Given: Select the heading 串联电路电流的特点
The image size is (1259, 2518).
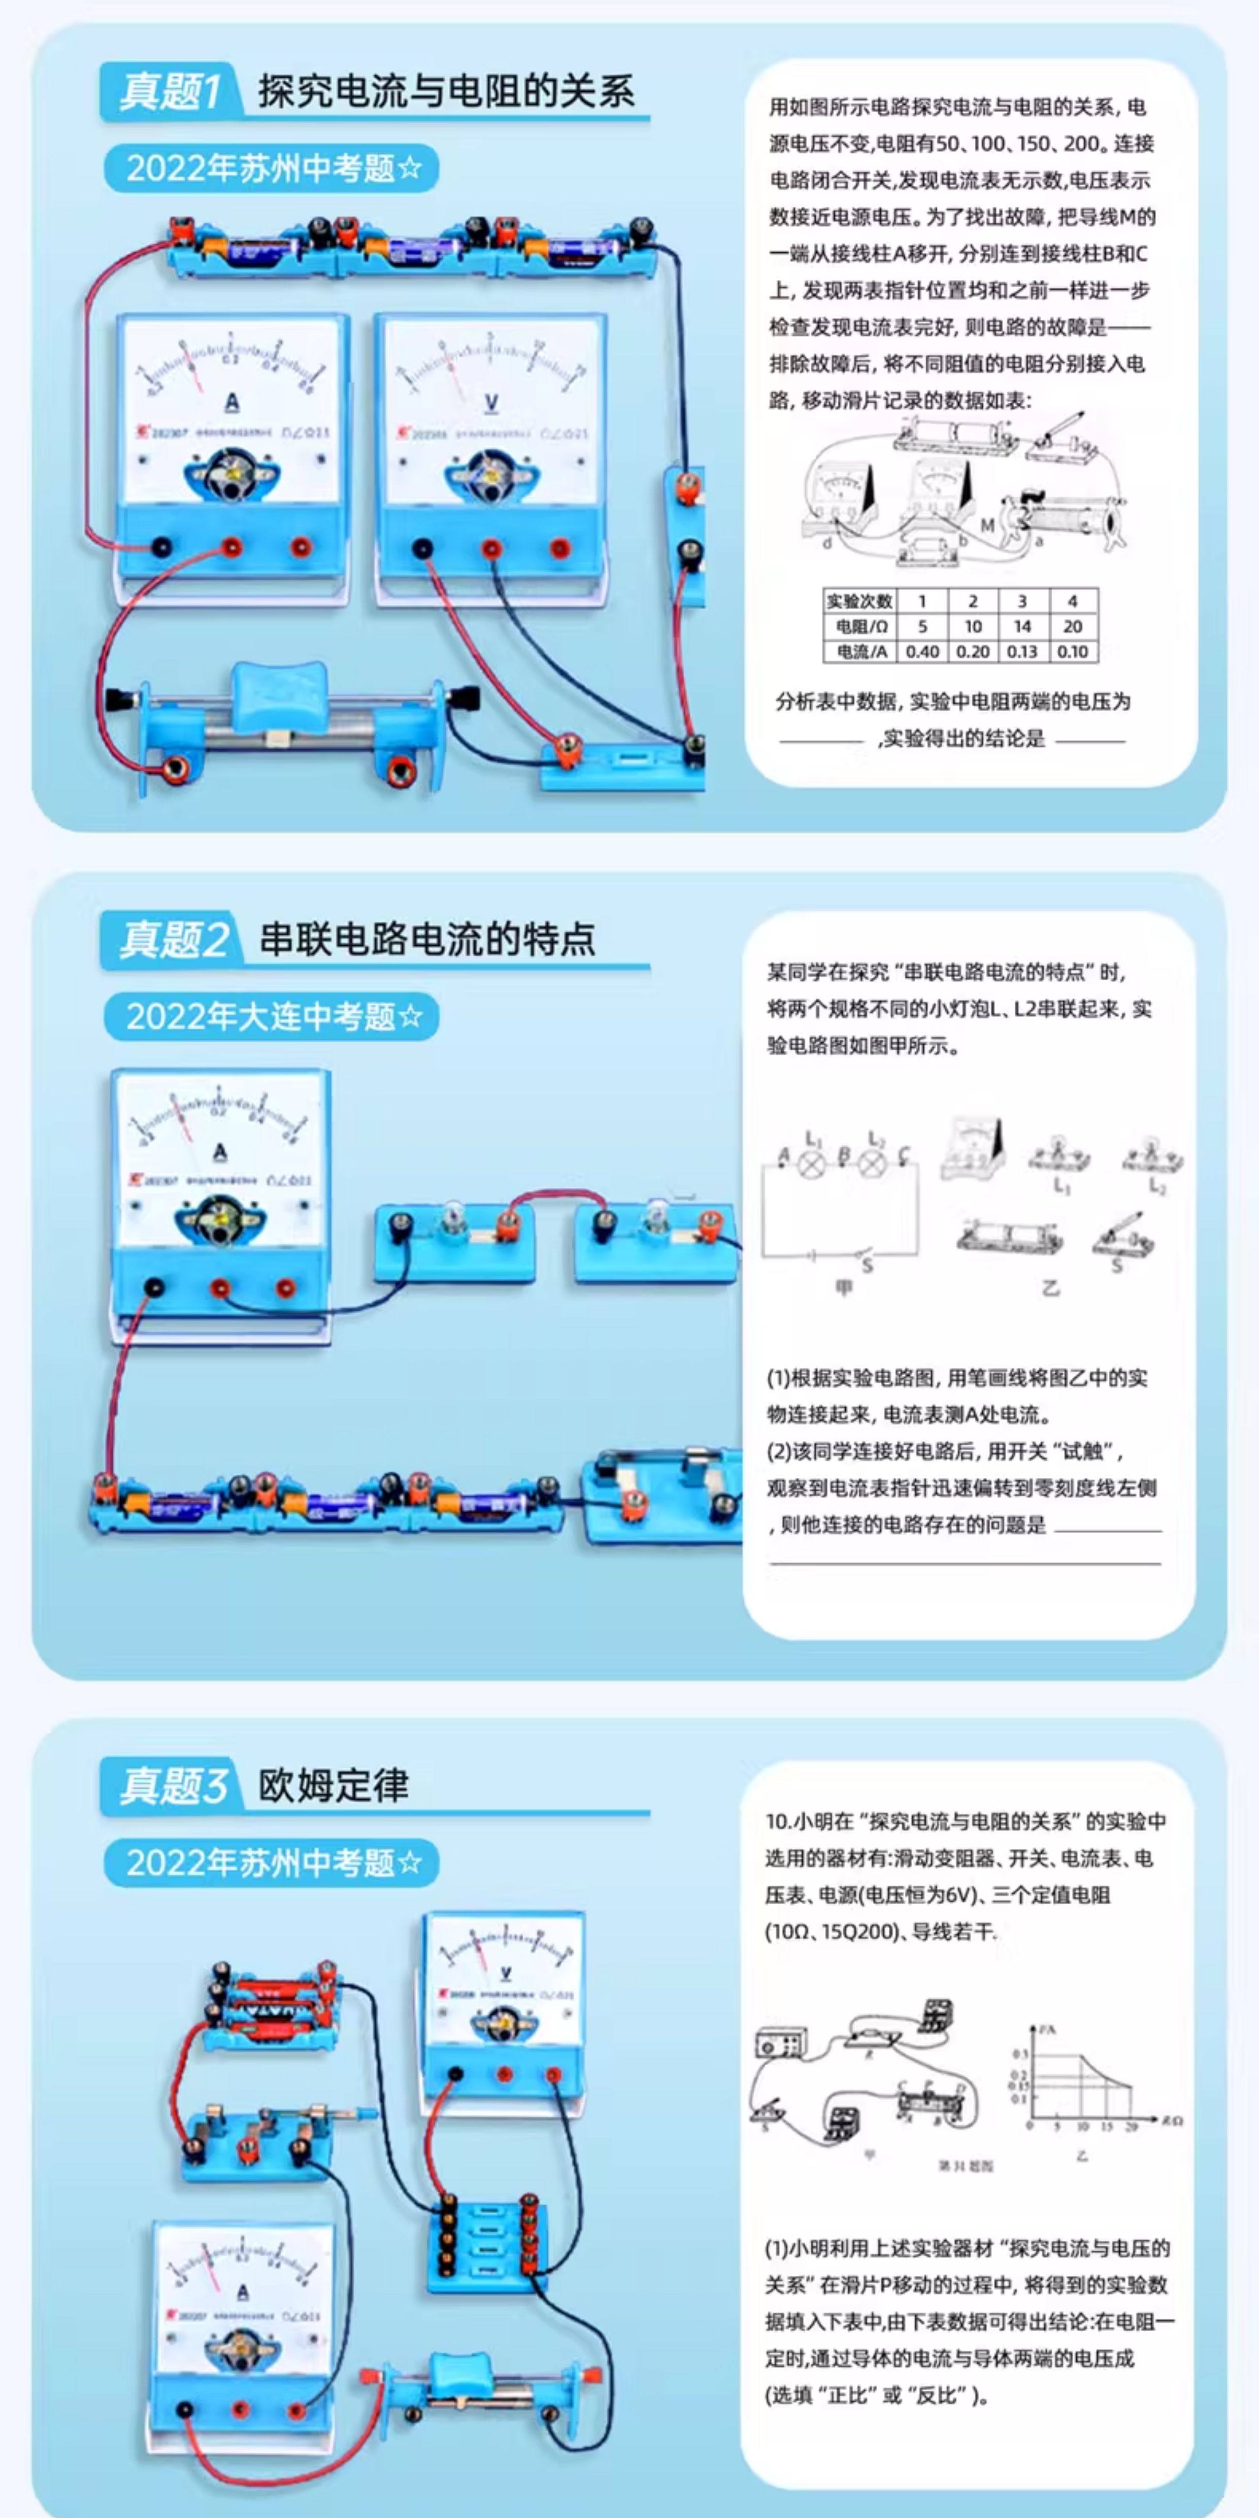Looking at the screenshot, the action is click(x=426, y=939).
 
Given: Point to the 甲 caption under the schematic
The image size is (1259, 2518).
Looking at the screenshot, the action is click(x=844, y=1286).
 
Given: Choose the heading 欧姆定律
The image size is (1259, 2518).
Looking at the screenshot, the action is click(x=334, y=1786).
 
